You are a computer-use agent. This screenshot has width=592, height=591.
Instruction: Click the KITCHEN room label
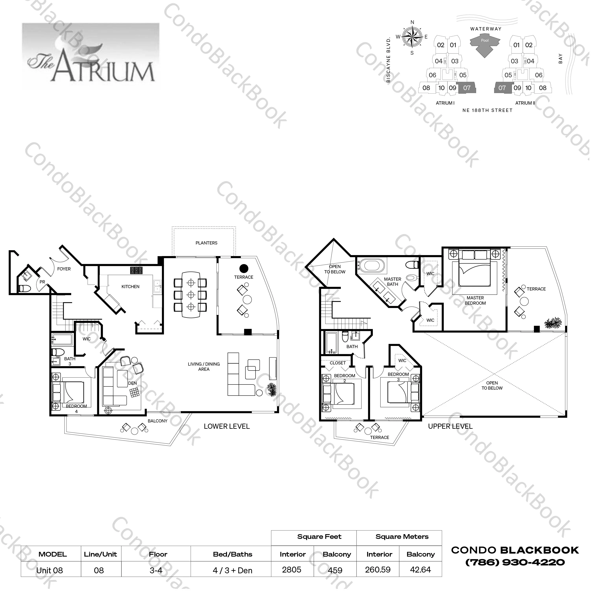point(130,287)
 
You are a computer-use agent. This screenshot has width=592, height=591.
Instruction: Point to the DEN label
point(132,383)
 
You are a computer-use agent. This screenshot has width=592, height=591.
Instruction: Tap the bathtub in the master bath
point(371,266)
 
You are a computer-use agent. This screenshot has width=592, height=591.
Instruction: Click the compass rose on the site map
point(412,37)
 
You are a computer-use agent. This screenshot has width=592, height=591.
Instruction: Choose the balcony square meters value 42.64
point(420,570)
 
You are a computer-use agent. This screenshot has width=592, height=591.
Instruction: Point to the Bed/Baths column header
point(233,554)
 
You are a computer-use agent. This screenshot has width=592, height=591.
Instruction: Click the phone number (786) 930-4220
point(515,562)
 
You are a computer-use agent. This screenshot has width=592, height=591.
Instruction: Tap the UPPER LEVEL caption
point(450,426)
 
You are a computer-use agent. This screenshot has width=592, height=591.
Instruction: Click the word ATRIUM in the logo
point(104,69)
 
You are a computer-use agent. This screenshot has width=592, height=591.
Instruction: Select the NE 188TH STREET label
point(487,110)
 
